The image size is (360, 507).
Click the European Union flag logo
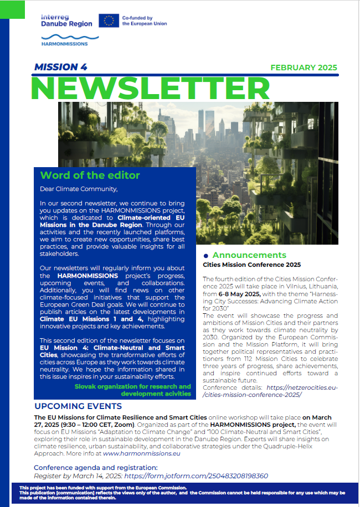[x=109, y=21]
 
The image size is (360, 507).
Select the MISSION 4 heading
[x=61, y=68]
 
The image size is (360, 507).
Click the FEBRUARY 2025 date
[x=304, y=68]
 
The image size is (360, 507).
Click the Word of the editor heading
[x=90, y=175]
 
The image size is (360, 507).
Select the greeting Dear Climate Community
[x=79, y=189]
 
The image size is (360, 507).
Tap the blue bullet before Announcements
[x=206, y=256]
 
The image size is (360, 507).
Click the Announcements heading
[x=249, y=255]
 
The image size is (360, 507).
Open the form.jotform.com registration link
[x=197, y=475]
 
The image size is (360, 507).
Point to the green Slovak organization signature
[x=133, y=390]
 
